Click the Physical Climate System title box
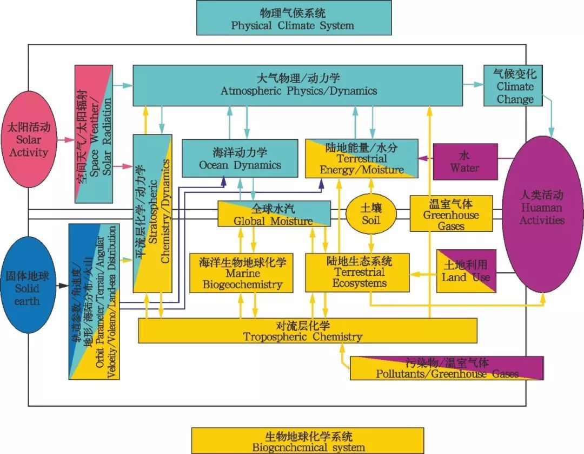pos(293,18)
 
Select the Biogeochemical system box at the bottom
pos(308,440)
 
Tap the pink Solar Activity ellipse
pos(29,139)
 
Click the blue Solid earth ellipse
pos(29,288)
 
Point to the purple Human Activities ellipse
pos(541,214)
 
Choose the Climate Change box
pos(513,86)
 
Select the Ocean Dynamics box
pos(240,158)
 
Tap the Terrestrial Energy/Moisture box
pos(362,158)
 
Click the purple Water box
pos(465,161)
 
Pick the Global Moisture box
pos(274,213)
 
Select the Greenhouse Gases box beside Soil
pos(451,213)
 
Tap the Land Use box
pos(466,271)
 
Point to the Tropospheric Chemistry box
pos(308,330)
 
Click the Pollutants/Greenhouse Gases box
pos(447,368)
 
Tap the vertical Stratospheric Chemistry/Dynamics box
pos(152,213)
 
